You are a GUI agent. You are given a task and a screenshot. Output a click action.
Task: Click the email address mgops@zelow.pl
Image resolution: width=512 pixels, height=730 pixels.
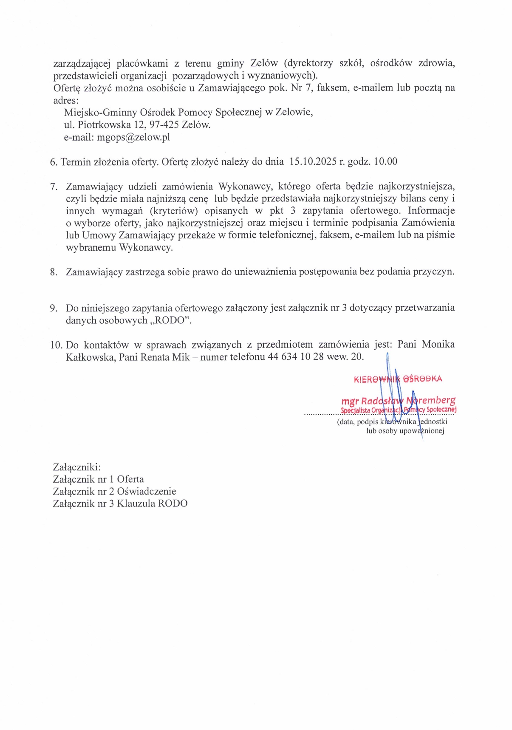(x=133, y=137)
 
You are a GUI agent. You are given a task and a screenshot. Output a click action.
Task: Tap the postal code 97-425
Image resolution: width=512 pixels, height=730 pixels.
(x=164, y=125)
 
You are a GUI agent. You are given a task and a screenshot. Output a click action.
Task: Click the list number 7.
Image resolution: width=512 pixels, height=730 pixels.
(x=54, y=187)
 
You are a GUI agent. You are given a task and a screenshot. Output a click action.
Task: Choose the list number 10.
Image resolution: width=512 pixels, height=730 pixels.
(x=56, y=345)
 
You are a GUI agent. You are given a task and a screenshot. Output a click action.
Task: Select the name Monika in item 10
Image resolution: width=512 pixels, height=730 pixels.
(x=438, y=345)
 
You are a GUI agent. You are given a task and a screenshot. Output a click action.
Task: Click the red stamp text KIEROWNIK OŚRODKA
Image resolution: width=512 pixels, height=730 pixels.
(x=398, y=379)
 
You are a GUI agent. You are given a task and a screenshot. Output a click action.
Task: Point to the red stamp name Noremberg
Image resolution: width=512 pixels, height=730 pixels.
(x=430, y=400)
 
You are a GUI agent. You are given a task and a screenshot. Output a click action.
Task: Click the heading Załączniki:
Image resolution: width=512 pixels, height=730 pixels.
(x=77, y=467)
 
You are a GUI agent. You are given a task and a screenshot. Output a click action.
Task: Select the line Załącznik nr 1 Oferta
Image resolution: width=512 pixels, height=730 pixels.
(x=99, y=479)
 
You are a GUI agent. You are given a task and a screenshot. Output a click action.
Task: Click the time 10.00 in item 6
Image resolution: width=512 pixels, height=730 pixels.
(x=385, y=161)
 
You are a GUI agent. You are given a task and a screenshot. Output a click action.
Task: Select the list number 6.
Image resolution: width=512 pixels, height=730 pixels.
(x=53, y=162)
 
